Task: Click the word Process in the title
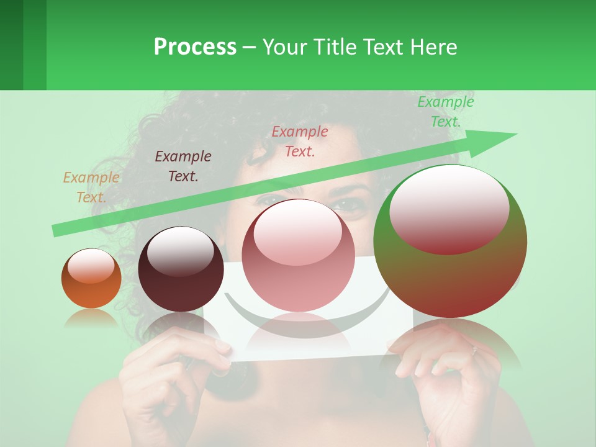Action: [195, 47]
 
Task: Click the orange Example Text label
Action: [91, 187]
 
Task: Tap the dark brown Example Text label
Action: [183, 166]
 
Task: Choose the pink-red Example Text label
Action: [300, 142]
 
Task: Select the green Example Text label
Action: [446, 112]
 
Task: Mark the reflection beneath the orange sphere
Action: [91, 318]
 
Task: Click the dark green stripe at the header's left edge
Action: [11, 45]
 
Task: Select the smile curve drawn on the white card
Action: [292, 329]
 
